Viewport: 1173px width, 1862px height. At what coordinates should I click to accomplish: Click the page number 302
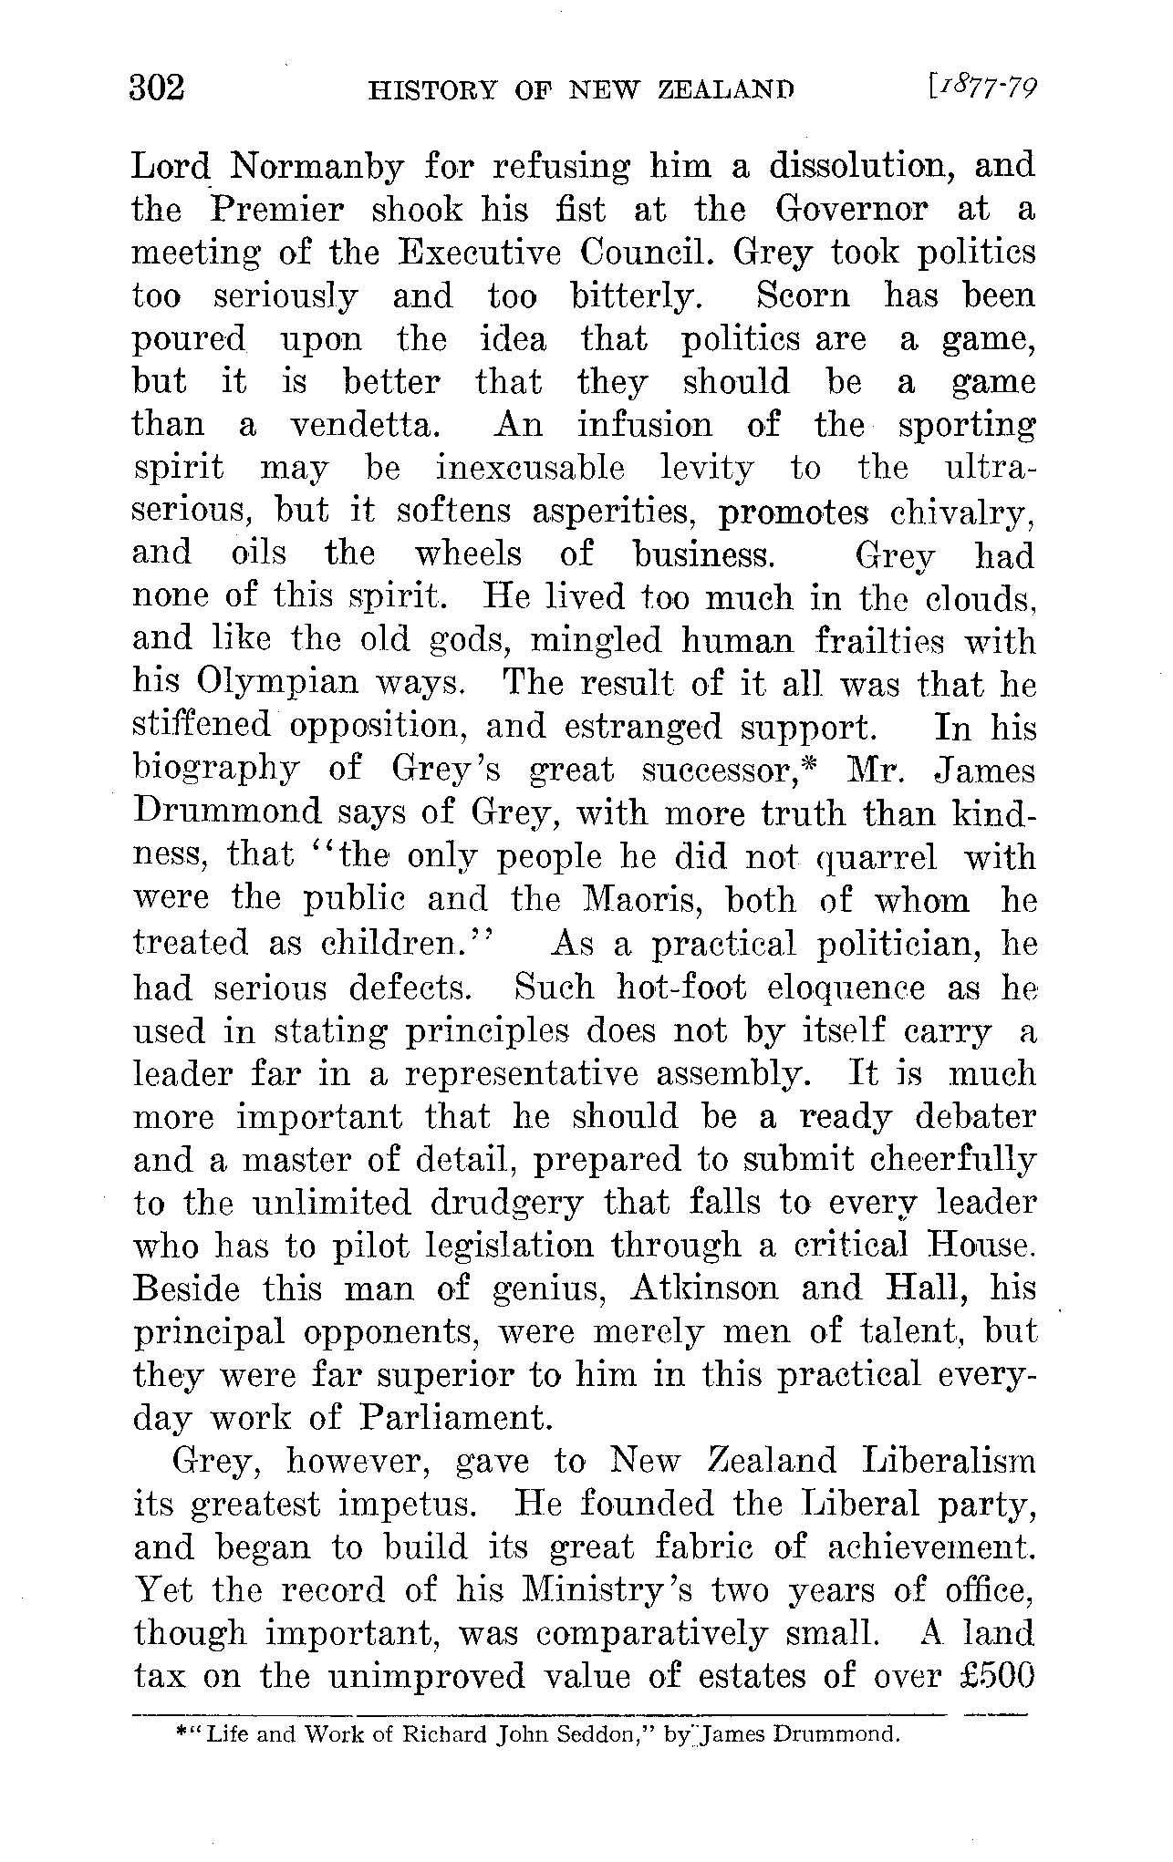(158, 88)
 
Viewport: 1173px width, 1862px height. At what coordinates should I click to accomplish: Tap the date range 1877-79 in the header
(983, 88)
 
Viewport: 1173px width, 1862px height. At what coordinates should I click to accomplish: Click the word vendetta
(367, 426)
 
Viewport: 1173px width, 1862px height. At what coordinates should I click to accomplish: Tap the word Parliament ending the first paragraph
(456, 1419)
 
